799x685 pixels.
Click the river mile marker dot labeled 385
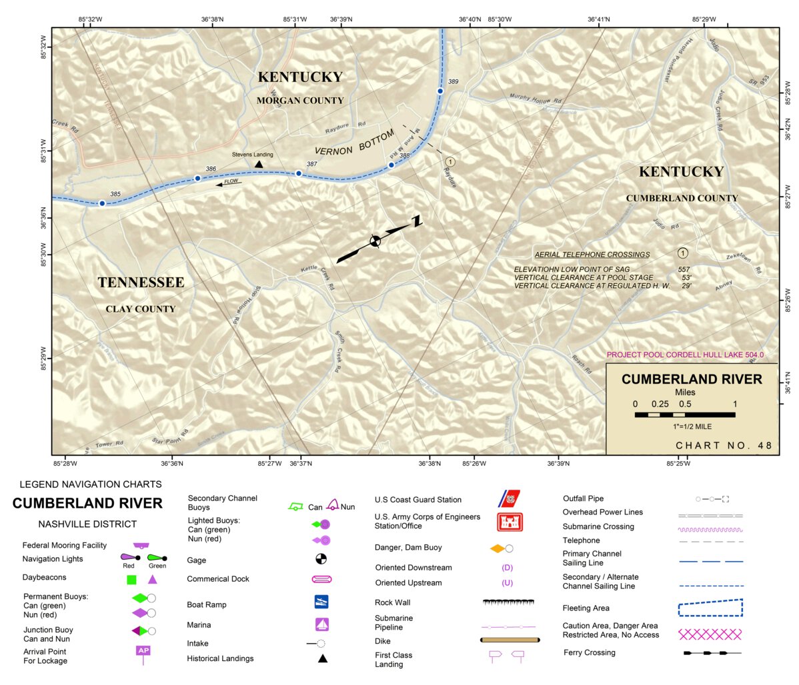tap(102, 203)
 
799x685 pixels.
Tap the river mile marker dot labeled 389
tap(440, 91)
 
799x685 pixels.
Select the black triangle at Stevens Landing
tap(259, 164)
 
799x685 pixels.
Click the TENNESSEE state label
tap(141, 283)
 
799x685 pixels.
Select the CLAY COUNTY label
tap(141, 309)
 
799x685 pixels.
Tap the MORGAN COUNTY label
tap(300, 101)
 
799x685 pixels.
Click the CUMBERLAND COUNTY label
tap(682, 198)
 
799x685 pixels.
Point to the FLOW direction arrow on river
tap(229, 183)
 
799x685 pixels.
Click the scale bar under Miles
tap(685, 414)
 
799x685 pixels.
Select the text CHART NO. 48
tap(724, 445)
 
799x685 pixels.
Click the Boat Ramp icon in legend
tap(321, 602)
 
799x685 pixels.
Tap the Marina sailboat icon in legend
tap(322, 624)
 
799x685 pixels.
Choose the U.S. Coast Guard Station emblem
tap(510, 498)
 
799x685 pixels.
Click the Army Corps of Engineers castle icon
tap(510, 522)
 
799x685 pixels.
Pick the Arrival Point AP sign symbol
tap(143, 651)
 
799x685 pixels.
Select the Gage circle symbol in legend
tap(321, 558)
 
